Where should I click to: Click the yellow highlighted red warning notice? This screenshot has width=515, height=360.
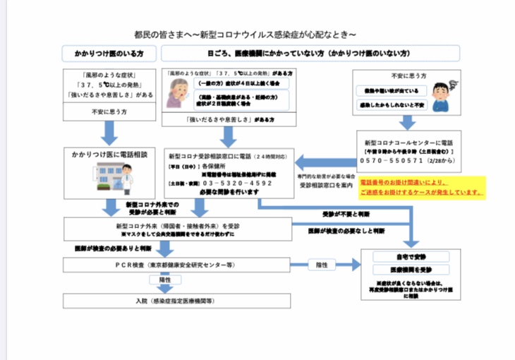421,186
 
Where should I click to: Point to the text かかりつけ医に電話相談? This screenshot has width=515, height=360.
109,153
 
